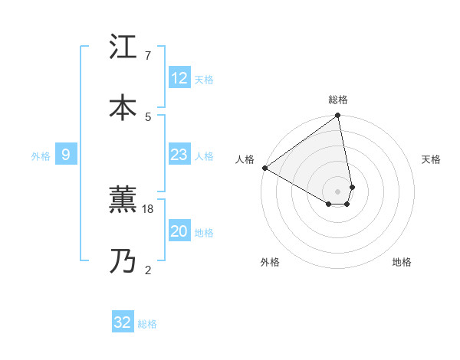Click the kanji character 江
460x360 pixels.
(x=123, y=48)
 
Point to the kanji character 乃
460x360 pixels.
(x=123, y=261)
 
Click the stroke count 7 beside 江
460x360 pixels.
(x=147, y=56)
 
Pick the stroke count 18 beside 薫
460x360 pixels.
(x=149, y=208)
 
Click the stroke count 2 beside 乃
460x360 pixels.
(x=147, y=269)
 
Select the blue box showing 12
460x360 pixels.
(x=179, y=78)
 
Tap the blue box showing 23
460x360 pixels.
(x=179, y=155)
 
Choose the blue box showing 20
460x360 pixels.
(x=179, y=231)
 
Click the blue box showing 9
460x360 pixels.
(x=66, y=155)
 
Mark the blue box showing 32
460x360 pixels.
(x=123, y=322)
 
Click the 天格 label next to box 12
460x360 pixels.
(x=204, y=79)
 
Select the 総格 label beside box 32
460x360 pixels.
(x=147, y=323)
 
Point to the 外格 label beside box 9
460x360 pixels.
(x=41, y=155)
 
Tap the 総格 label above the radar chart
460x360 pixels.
(x=338, y=100)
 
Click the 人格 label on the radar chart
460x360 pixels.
(x=245, y=159)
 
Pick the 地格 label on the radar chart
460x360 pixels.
(x=402, y=262)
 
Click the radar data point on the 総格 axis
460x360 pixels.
(x=338, y=116)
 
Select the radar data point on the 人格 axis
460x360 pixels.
(x=264, y=168)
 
